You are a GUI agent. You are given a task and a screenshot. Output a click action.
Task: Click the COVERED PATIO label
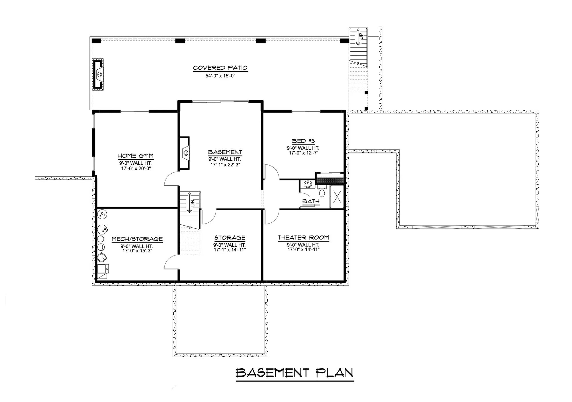tap(220, 68)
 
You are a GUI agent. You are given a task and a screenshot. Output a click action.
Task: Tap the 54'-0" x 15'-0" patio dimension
tap(220, 76)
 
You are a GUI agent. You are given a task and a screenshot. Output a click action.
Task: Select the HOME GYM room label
tap(136, 156)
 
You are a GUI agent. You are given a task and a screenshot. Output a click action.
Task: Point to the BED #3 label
tap(303, 141)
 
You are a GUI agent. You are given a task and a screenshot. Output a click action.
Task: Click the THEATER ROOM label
tap(303, 238)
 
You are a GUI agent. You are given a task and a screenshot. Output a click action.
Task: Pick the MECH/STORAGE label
tap(137, 239)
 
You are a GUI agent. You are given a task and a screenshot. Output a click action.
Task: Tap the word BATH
tap(311, 202)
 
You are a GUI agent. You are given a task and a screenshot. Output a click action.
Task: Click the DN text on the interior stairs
tap(192, 203)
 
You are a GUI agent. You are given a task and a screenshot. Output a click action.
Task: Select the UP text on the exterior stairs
tap(361, 36)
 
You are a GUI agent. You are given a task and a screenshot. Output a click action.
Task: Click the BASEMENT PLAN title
tap(294, 373)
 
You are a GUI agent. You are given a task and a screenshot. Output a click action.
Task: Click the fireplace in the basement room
tap(185, 153)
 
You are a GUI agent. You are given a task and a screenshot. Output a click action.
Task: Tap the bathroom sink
tap(308, 184)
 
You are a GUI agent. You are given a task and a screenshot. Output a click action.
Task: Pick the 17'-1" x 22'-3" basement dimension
tap(225, 165)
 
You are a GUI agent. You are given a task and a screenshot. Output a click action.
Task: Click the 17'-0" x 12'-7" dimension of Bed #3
tap(303, 153)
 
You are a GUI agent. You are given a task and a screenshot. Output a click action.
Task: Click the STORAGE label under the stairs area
tap(230, 238)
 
